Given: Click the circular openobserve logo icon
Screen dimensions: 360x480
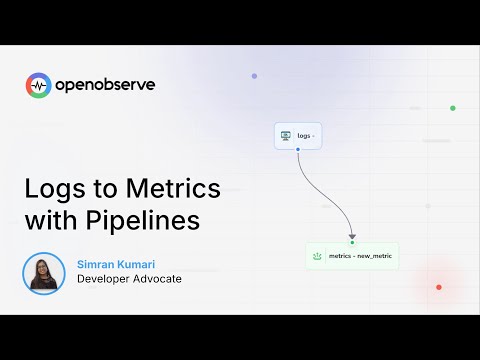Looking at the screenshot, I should [38, 86].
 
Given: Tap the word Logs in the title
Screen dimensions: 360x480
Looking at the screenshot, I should [53, 189].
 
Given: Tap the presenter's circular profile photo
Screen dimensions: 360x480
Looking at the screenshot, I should [44, 272].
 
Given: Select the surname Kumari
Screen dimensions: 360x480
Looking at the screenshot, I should [146, 263].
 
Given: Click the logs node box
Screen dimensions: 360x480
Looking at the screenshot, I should [298, 135].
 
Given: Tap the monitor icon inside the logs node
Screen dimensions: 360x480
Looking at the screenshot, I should [286, 135].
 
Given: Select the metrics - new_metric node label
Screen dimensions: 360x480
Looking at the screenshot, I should [360, 256].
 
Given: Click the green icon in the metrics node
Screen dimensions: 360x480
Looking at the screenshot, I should [318, 256].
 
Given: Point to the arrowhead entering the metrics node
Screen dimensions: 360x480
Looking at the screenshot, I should [352, 237].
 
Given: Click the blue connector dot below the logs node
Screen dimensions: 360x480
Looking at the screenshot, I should [298, 149].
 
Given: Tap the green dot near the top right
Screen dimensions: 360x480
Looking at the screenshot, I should [453, 108].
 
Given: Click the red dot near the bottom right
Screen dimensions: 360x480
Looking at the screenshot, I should [438, 287].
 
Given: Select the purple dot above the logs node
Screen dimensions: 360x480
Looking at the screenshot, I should [254, 76].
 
